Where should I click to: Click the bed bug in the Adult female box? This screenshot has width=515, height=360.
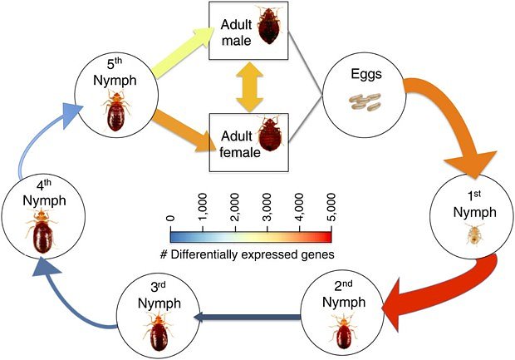click(x=270, y=135)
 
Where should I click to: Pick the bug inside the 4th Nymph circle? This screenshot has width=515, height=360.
click(x=39, y=236)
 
